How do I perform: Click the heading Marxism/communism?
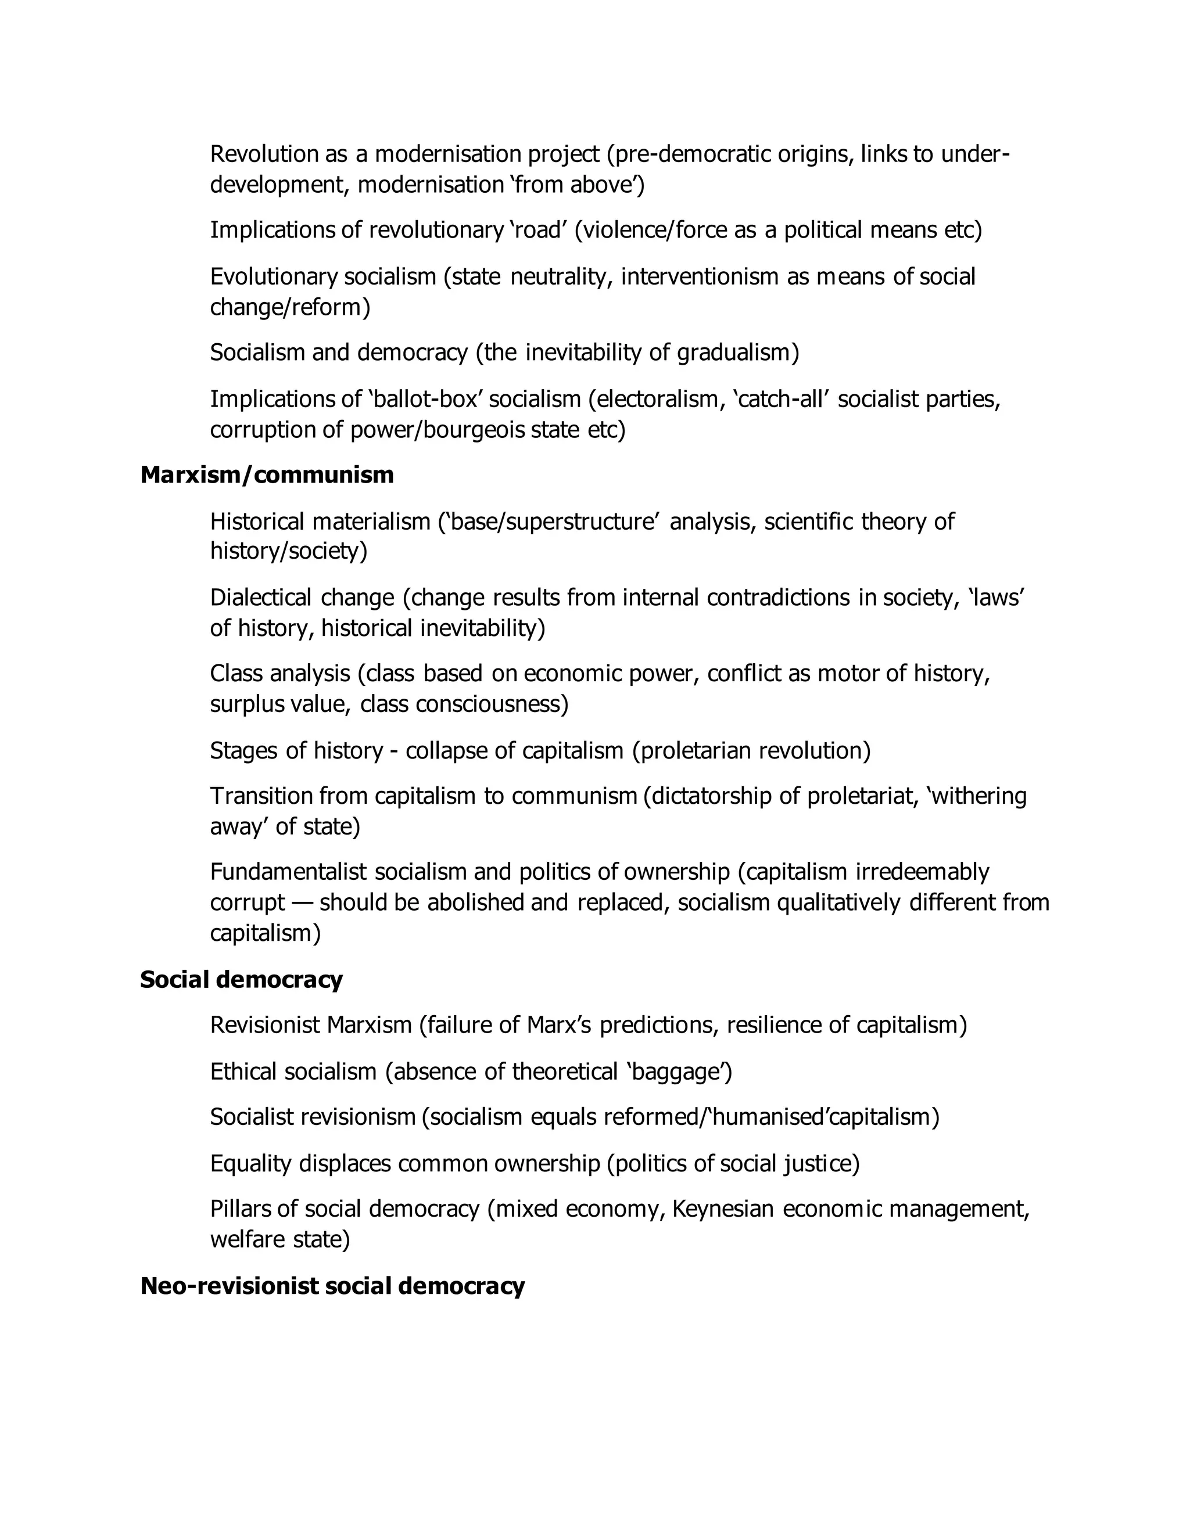(267, 476)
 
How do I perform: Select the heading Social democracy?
(241, 980)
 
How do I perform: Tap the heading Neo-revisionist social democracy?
(332, 1286)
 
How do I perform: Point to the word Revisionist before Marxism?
(265, 1025)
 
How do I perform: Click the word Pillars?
(240, 1209)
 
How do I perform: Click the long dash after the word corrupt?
(302, 902)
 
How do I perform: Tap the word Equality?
(251, 1163)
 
